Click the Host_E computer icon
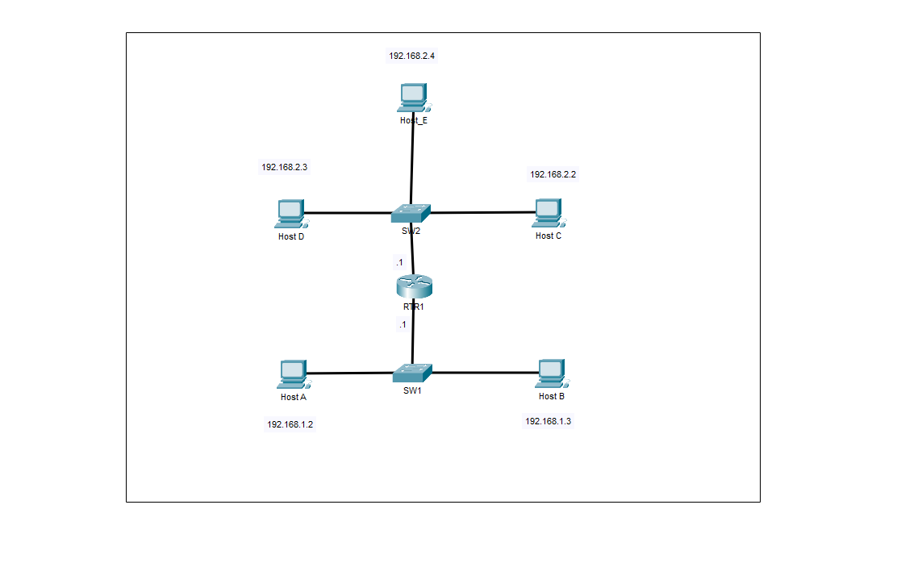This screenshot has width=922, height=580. pyautogui.click(x=413, y=98)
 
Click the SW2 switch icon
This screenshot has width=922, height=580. pyautogui.click(x=411, y=213)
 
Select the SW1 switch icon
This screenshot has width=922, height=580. pyautogui.click(x=412, y=373)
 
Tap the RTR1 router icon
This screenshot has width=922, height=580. pyautogui.click(x=415, y=286)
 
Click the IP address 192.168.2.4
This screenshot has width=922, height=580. pyautogui.click(x=412, y=56)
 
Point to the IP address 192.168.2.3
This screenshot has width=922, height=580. pyautogui.click(x=284, y=167)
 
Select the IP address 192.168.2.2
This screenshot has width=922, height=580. pyautogui.click(x=553, y=174)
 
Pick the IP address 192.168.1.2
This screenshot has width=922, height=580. pyautogui.click(x=290, y=424)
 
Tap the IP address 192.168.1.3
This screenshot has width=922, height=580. pyautogui.click(x=548, y=421)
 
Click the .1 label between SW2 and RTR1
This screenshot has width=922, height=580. pyautogui.click(x=398, y=262)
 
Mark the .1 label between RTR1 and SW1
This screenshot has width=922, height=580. pyautogui.click(x=401, y=324)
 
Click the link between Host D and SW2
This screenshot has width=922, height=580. pyautogui.click(x=347, y=214)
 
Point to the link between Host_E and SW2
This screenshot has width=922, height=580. pyautogui.click(x=412, y=161)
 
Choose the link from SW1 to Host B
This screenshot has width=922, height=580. pyautogui.click(x=484, y=373)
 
